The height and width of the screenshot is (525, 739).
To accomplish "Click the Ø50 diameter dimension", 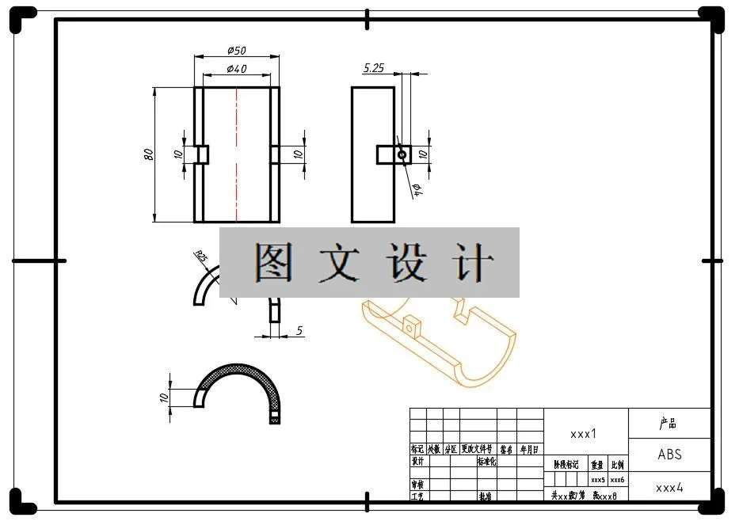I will (236, 51).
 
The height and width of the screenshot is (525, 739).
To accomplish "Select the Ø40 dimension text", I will (236, 69).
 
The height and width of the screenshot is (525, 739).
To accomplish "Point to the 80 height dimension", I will (148, 154).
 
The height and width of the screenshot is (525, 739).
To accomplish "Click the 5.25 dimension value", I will (374, 68).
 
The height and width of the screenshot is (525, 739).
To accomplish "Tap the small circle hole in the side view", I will (402, 154).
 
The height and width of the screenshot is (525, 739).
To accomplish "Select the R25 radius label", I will (200, 257).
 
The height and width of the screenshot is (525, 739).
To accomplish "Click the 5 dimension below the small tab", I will (299, 329).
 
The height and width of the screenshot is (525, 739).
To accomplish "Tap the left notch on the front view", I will (202, 154).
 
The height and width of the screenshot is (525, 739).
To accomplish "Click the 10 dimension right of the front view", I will (299, 154).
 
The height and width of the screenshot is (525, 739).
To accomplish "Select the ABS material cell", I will (669, 455).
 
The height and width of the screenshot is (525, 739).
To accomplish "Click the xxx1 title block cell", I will (584, 434).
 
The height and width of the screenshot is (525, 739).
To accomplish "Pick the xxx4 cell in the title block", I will (669, 488).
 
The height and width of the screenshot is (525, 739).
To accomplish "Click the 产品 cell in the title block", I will (669, 424).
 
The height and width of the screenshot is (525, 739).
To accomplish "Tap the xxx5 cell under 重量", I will (598, 480).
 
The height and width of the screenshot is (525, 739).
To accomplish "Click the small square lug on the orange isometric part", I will (410, 325).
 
